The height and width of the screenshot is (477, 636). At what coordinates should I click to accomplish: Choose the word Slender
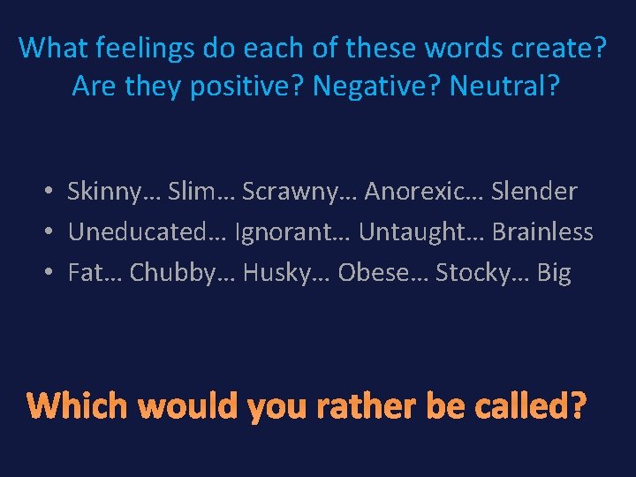[534, 191]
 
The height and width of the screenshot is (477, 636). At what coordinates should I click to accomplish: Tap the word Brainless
[542, 232]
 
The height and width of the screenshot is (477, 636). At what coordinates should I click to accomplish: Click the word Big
[554, 273]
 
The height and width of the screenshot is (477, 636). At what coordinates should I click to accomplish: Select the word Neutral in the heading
[496, 87]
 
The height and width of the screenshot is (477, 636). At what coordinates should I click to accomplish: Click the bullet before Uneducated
[52, 232]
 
